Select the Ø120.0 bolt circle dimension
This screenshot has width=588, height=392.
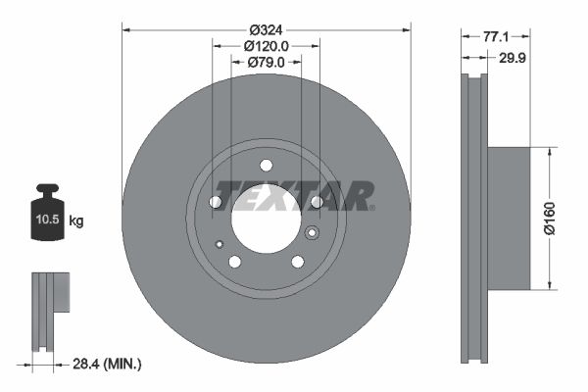pyautogui.click(x=266, y=45)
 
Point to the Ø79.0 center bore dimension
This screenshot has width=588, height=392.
pyautogui.click(x=266, y=62)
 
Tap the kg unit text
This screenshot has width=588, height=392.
pyautogui.click(x=76, y=222)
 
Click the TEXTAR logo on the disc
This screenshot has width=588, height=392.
pyautogui.click(x=294, y=195)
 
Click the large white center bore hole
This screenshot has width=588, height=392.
pyautogui.click(x=266, y=218)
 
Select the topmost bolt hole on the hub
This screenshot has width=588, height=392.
pyautogui.click(x=266, y=165)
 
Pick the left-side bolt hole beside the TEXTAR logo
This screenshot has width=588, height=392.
pyautogui.click(x=216, y=202)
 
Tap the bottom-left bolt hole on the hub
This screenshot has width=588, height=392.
pyautogui.click(x=234, y=262)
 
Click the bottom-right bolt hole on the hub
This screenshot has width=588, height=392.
pyautogui.click(x=297, y=262)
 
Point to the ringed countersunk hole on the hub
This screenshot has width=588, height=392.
pyautogui.click(x=313, y=233)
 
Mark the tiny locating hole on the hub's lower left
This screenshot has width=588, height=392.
pyautogui.click(x=220, y=244)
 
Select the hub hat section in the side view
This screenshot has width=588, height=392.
pyautogui.click(x=509, y=219)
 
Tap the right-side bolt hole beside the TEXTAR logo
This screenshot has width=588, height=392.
pyautogui.click(x=317, y=202)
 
